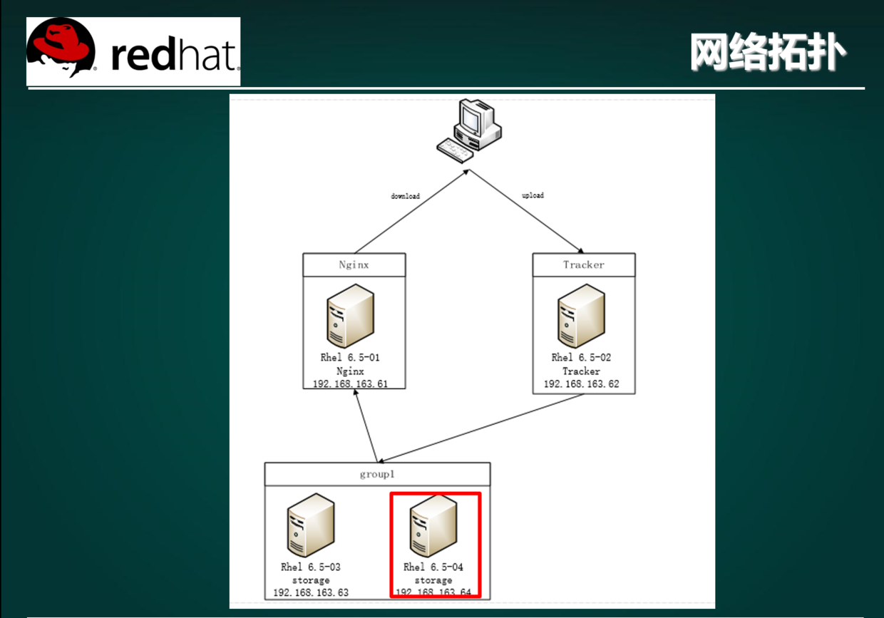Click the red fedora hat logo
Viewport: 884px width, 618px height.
(x=61, y=47)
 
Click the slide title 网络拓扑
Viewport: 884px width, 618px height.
(x=769, y=53)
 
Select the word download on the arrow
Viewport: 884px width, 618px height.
(x=405, y=196)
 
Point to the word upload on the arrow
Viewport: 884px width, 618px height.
(x=533, y=195)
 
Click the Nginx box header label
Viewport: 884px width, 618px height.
(x=354, y=265)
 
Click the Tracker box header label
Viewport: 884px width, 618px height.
(x=583, y=265)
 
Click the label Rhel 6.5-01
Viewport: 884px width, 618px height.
(x=350, y=358)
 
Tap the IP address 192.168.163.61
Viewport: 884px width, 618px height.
(x=350, y=384)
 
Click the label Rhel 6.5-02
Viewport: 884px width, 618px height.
(x=581, y=358)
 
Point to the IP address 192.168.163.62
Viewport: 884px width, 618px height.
(x=581, y=384)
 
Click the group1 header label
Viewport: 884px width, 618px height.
(x=377, y=475)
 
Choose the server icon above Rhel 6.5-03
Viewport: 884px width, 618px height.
(x=311, y=525)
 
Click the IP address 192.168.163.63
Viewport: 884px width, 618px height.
(x=311, y=593)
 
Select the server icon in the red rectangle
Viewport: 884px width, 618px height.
(x=433, y=525)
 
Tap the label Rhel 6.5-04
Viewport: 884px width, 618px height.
(x=433, y=567)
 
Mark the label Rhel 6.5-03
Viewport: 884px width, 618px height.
(x=311, y=567)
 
